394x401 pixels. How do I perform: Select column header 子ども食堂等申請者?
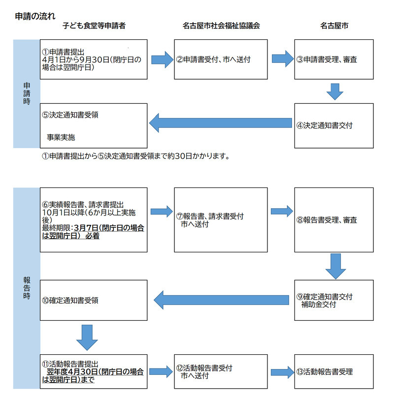94,26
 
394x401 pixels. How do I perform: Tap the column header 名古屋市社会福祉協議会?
221,26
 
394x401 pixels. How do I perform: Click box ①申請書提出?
94,60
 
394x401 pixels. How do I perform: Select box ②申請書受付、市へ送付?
221,60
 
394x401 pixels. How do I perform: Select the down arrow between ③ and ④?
334,92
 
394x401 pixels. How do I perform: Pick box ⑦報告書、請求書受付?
221,219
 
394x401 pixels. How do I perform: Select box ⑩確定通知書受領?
94,300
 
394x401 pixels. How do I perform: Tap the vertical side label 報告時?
27,288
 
